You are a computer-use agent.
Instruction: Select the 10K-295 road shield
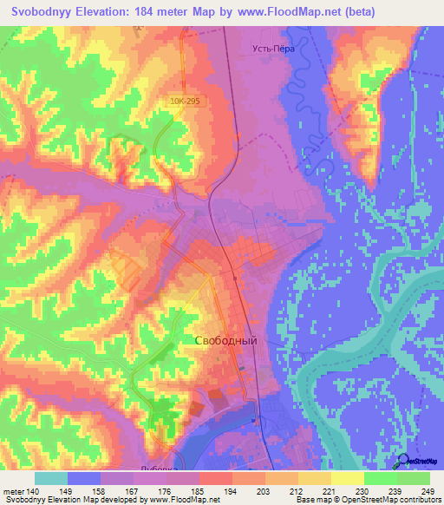click(185, 101)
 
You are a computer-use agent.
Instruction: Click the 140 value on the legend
click(32, 490)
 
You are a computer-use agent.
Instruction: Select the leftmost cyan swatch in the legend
click(51, 478)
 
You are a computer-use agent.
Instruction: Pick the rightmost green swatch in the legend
click(414, 478)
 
